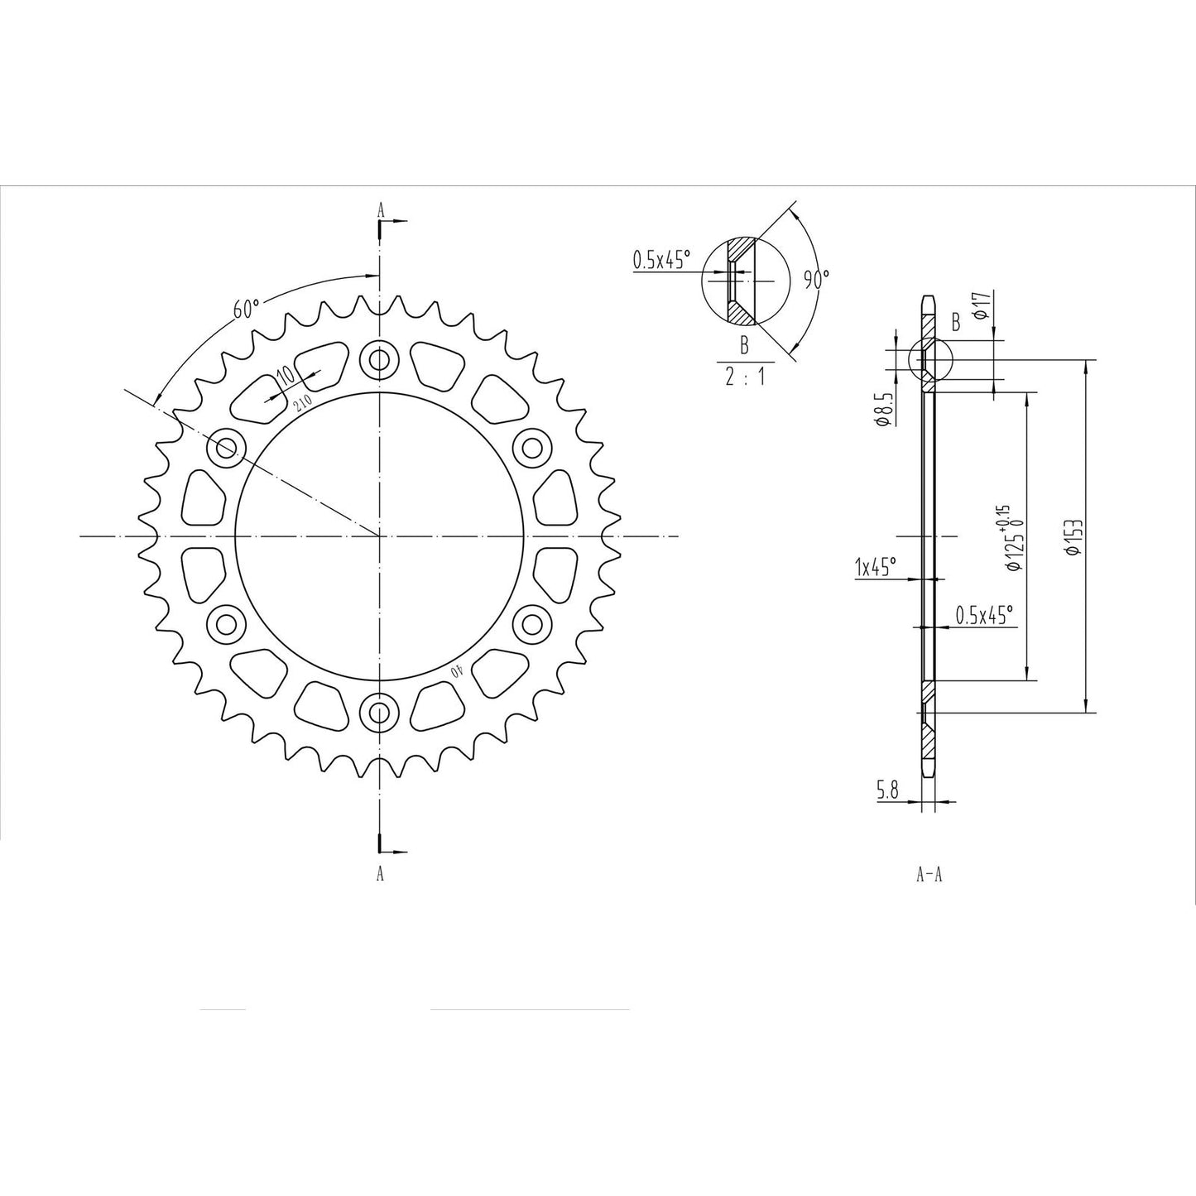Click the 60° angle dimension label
point(247,310)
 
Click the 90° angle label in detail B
point(814,280)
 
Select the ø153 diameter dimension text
point(1074,537)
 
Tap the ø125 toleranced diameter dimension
point(1013,539)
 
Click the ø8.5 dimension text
point(883,410)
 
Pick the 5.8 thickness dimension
point(887,791)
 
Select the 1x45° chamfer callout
point(876,567)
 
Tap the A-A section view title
point(929,875)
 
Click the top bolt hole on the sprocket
point(380,360)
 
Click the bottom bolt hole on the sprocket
point(380,712)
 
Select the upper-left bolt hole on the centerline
point(226,449)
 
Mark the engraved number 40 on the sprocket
point(454,670)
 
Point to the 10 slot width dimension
point(286,374)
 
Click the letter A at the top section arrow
point(381,210)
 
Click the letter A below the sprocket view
point(380,873)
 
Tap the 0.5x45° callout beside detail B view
point(660,260)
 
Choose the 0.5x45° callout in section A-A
point(983,615)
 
